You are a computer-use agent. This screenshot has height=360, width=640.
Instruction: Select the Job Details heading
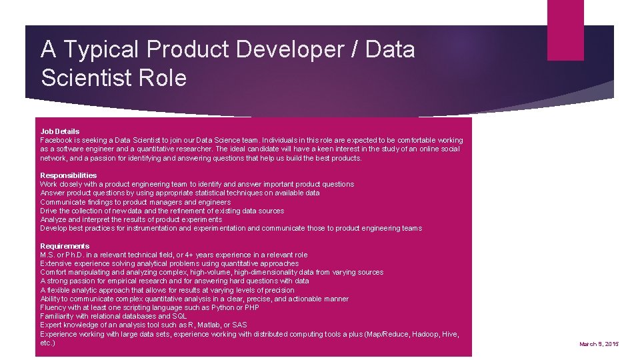[60, 131]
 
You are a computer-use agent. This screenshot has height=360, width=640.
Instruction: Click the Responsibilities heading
[69, 175]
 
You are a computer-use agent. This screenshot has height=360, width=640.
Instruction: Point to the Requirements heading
[65, 246]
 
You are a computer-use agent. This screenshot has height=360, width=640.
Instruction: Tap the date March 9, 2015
[599, 343]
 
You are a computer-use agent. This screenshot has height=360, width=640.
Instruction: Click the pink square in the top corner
[565, 30]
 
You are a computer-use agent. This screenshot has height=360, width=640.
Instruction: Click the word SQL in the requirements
[179, 316]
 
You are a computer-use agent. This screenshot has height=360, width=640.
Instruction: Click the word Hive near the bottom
[451, 333]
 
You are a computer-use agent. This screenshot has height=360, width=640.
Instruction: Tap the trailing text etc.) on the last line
[47, 342]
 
